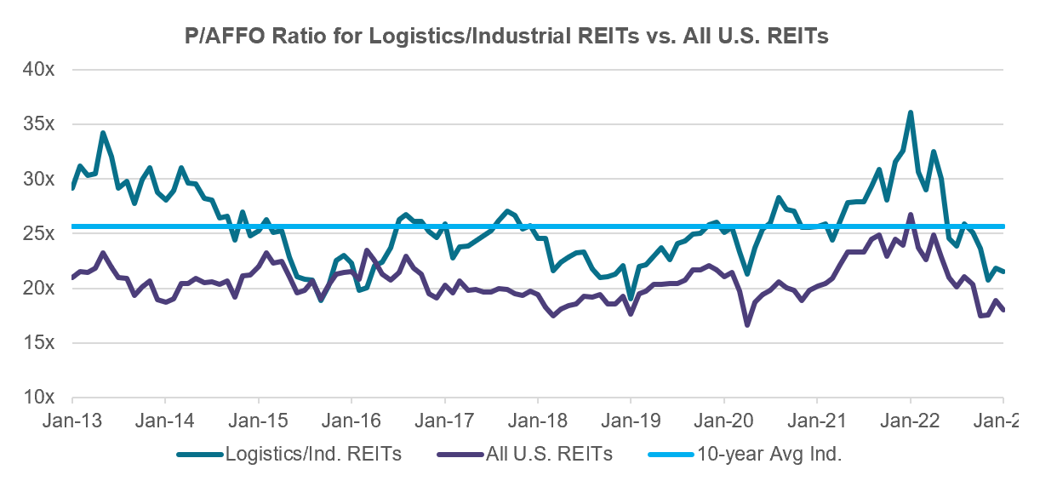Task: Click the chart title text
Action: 507,37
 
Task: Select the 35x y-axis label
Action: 37,124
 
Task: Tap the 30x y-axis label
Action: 37,179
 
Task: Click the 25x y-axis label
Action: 37,233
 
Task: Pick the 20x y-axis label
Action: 37,289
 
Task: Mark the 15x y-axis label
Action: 37,343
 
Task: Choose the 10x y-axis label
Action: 37,398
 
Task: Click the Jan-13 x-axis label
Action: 72,421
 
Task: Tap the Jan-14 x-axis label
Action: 165,421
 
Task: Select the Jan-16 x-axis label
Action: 351,421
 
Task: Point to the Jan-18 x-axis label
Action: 538,421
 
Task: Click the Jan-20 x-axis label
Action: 724,421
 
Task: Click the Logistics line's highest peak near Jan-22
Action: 911,112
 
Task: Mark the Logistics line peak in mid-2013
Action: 103,133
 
